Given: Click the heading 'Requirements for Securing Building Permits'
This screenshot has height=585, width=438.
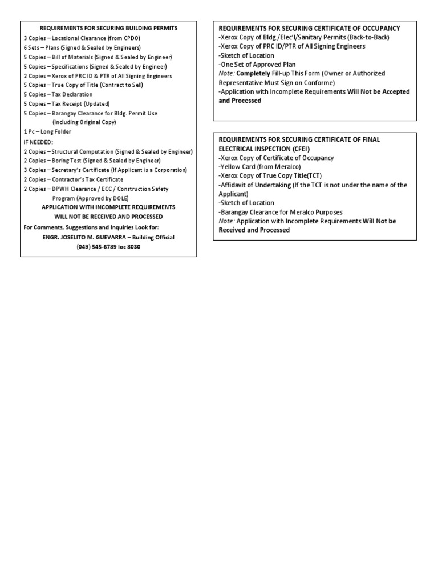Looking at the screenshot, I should pyautogui.click(x=108, y=28).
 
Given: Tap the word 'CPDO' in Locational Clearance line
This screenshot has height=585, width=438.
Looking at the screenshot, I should pyautogui.click(x=136, y=38).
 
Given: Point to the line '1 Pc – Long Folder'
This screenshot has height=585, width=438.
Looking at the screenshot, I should pyautogui.click(x=47, y=131).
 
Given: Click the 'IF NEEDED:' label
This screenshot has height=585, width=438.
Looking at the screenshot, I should pyautogui.click(x=38, y=141).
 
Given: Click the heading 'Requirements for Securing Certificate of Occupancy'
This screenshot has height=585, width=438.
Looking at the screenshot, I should pyautogui.click(x=309, y=28).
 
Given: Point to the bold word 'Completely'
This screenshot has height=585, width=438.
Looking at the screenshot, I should pyautogui.click(x=253, y=74).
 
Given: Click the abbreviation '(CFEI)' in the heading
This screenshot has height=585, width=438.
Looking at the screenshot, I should pyautogui.click(x=299, y=149).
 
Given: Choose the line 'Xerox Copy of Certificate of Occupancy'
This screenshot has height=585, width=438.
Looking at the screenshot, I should pyautogui.click(x=277, y=158).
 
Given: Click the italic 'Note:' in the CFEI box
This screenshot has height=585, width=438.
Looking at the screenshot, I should pyautogui.click(x=226, y=221).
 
